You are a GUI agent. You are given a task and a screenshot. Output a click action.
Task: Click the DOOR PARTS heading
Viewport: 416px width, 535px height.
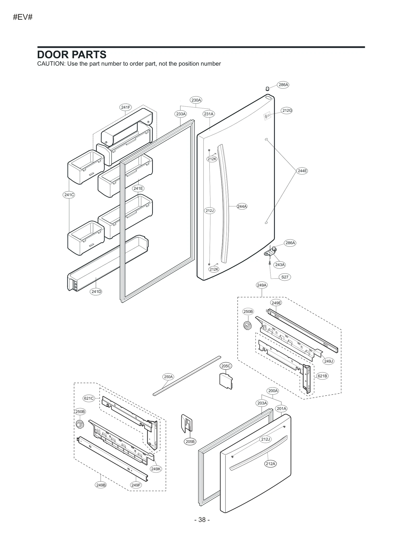(x=72, y=55)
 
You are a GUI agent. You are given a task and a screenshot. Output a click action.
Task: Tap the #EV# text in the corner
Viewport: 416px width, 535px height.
(x=23, y=17)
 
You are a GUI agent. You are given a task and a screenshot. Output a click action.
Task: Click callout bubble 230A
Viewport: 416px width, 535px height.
(x=196, y=100)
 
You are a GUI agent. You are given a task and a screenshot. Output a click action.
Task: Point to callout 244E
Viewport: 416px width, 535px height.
(x=302, y=171)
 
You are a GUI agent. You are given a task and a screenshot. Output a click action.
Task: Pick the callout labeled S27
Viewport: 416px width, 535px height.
(x=285, y=277)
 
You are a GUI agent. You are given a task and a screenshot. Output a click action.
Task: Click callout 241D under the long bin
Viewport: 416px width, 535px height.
(x=96, y=292)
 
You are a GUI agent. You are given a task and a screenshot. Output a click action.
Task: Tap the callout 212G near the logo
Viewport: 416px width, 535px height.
(x=287, y=111)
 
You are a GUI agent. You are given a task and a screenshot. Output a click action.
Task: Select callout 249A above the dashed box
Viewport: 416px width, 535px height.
(x=262, y=285)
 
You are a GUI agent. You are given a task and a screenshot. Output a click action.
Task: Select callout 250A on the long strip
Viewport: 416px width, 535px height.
(x=168, y=377)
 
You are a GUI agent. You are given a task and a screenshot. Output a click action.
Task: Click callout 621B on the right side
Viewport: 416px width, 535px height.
(x=322, y=376)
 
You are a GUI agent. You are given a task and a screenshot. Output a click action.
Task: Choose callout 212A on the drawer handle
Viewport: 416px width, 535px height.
(x=270, y=463)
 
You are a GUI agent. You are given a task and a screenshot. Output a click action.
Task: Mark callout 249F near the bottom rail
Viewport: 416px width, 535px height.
(x=136, y=485)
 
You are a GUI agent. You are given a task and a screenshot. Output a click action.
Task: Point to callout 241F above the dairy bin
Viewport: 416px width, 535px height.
(x=126, y=107)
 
